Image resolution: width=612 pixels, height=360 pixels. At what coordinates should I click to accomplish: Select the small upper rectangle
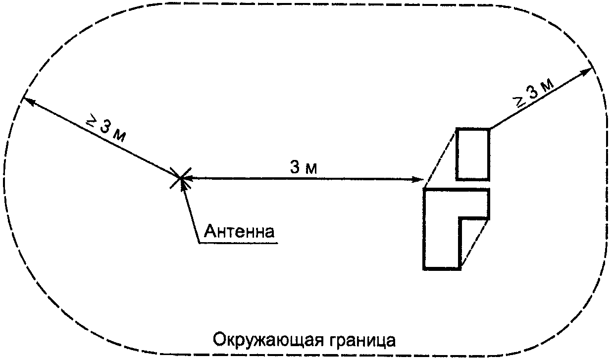473,154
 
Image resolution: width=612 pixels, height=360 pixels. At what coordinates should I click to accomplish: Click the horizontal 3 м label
304,168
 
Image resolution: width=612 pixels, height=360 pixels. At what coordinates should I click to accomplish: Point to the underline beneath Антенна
238,243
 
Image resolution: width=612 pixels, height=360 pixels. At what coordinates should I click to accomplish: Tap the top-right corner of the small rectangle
489,129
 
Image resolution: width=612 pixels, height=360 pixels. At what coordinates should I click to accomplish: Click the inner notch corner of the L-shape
460,218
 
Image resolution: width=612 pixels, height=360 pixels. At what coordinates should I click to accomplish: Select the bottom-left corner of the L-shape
424,268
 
